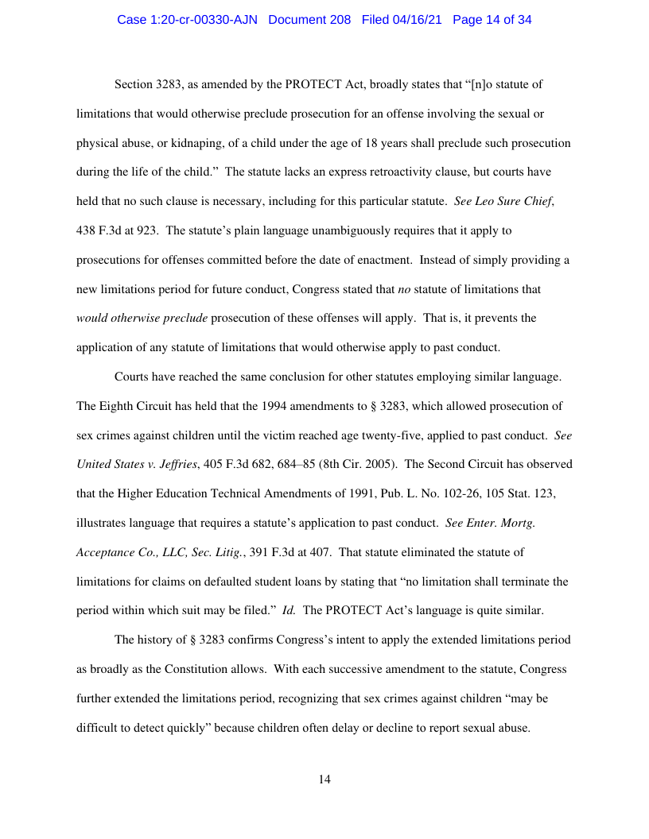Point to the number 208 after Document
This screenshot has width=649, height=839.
click(338, 20)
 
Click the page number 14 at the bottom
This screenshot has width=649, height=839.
click(324, 779)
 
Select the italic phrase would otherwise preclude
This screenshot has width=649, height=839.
click(142, 319)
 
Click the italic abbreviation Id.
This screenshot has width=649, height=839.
click(290, 610)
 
